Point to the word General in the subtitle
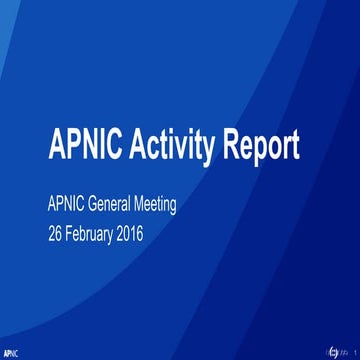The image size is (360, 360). (126, 208)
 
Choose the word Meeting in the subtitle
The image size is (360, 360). (187, 208)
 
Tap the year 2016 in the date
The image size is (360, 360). (154, 238)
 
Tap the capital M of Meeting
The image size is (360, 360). (162, 208)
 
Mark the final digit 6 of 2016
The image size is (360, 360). (166, 238)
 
